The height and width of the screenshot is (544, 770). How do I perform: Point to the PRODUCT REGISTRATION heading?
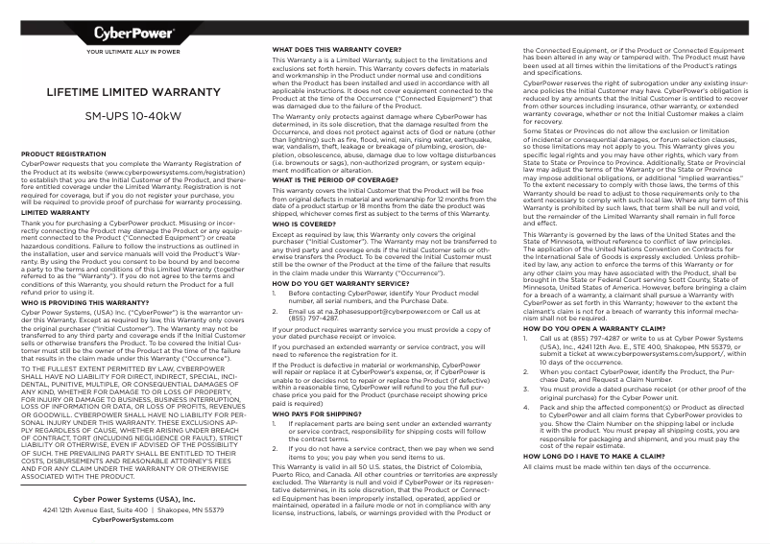[x=63, y=154]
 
